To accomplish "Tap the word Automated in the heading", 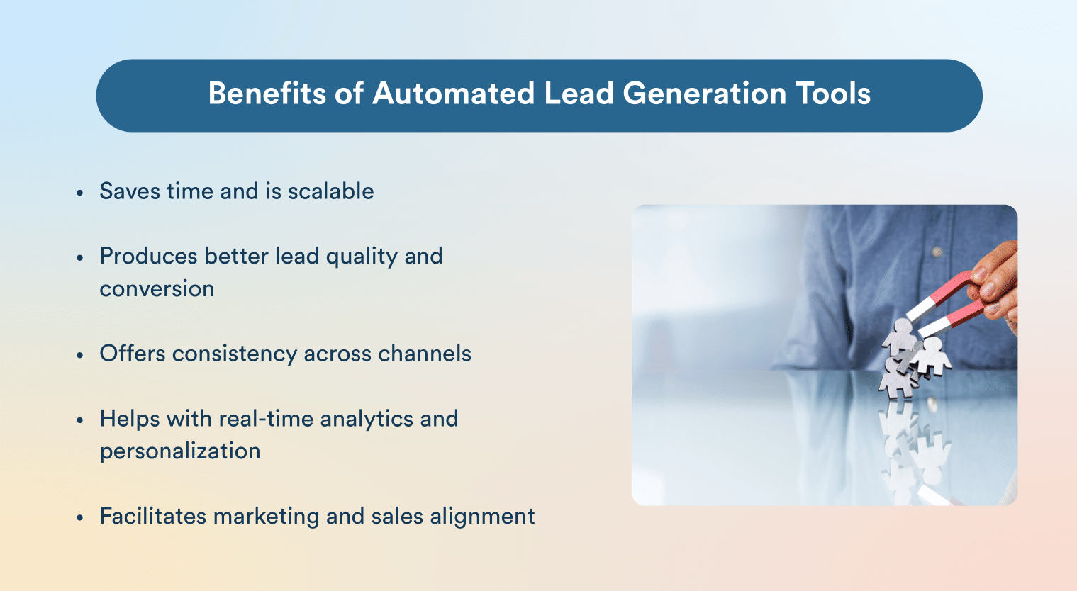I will (454, 94).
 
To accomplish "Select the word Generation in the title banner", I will (705, 94).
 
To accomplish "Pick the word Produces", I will (148, 256).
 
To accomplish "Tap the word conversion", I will (157, 289).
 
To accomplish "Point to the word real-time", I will (265, 419).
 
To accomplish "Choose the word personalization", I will (180, 451).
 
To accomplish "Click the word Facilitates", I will (152, 516).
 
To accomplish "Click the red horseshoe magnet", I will (954, 301).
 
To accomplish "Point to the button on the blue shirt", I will (937, 252).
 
